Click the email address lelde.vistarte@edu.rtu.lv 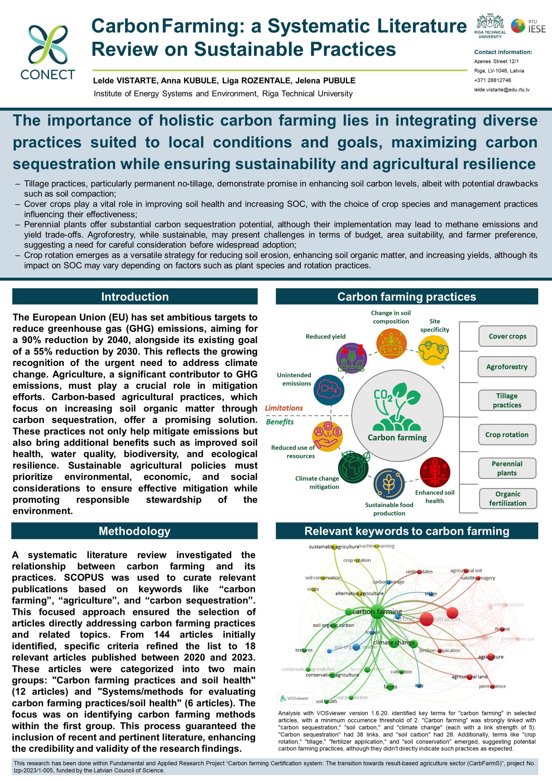tap(502, 90)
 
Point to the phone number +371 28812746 tap(492, 80)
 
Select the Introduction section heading tap(135, 297)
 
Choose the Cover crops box tap(507, 336)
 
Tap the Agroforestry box tap(507, 367)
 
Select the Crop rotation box tap(507, 434)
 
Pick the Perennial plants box tap(507, 468)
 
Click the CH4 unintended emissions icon tap(329, 390)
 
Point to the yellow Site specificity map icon tap(434, 350)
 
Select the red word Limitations tap(284, 408)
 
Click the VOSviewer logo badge tap(295, 698)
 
